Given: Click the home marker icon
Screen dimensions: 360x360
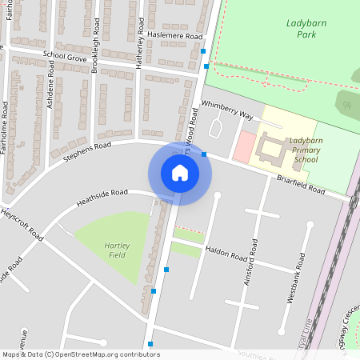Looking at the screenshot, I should coord(180,173).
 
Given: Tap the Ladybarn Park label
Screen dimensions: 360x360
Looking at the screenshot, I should coord(306,29).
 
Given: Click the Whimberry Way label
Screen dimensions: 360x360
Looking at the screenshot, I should coord(226,110).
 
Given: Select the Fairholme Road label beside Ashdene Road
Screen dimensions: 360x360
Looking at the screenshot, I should coord(6,127).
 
